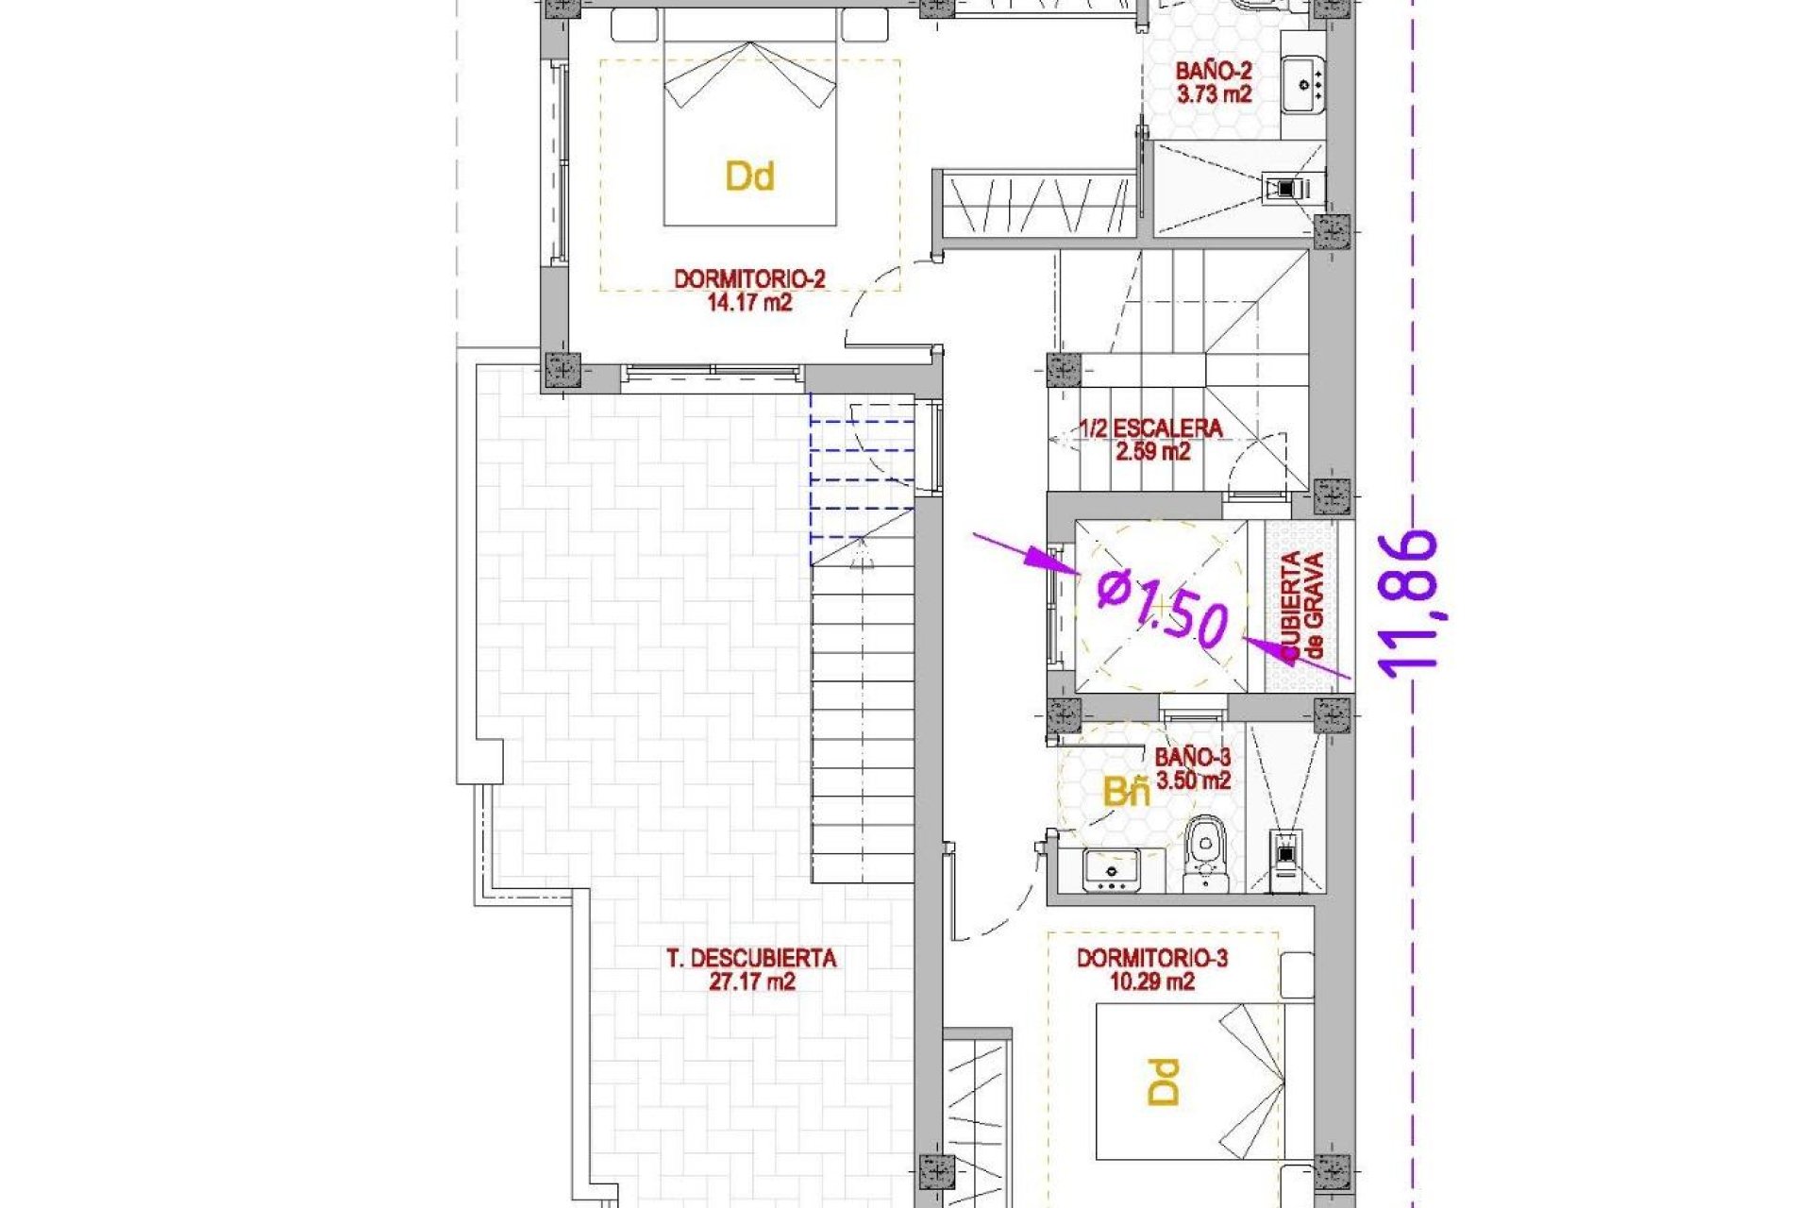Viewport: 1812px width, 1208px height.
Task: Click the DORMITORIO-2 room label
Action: click(749, 279)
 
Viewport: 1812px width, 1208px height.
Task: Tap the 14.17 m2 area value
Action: click(749, 303)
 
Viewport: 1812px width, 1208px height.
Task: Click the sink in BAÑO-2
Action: click(1303, 84)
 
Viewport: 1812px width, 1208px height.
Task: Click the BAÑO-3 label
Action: click(1193, 757)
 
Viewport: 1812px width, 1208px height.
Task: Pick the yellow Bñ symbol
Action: click(1127, 793)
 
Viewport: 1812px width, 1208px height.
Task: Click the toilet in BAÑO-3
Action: click(1205, 849)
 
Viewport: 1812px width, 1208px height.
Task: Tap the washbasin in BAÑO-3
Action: click(1112, 869)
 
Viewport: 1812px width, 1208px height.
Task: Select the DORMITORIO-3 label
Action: click(1151, 959)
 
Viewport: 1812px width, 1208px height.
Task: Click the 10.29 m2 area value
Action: click(1151, 982)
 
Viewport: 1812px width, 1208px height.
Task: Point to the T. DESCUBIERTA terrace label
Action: click(751, 959)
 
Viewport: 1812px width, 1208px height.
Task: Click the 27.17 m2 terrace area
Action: click(751, 982)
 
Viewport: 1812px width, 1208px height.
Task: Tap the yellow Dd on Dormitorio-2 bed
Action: click(750, 176)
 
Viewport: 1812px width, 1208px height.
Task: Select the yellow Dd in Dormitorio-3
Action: click(1165, 1082)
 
